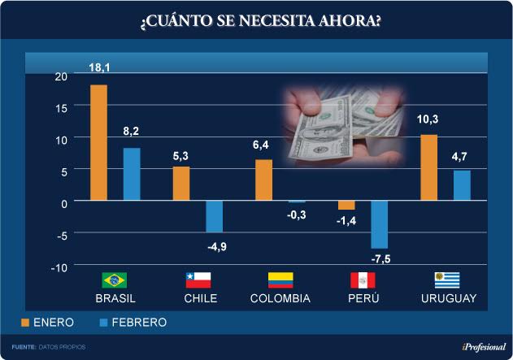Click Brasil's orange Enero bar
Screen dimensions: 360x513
(98, 142)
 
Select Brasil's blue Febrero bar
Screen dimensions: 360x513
(132, 174)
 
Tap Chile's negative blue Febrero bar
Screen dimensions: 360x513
(214, 216)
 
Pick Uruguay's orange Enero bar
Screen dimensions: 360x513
(428, 167)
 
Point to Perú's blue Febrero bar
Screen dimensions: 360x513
(379, 224)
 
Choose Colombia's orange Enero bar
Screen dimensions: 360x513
(263, 180)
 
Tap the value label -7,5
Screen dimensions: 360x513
(380, 259)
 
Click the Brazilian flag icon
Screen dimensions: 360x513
(114, 280)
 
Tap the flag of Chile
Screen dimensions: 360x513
(198, 280)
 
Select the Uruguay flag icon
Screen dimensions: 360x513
(447, 280)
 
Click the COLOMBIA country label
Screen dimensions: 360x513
(280, 299)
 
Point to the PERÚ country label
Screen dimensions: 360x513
(363, 299)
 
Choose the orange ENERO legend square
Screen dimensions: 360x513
(25, 323)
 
